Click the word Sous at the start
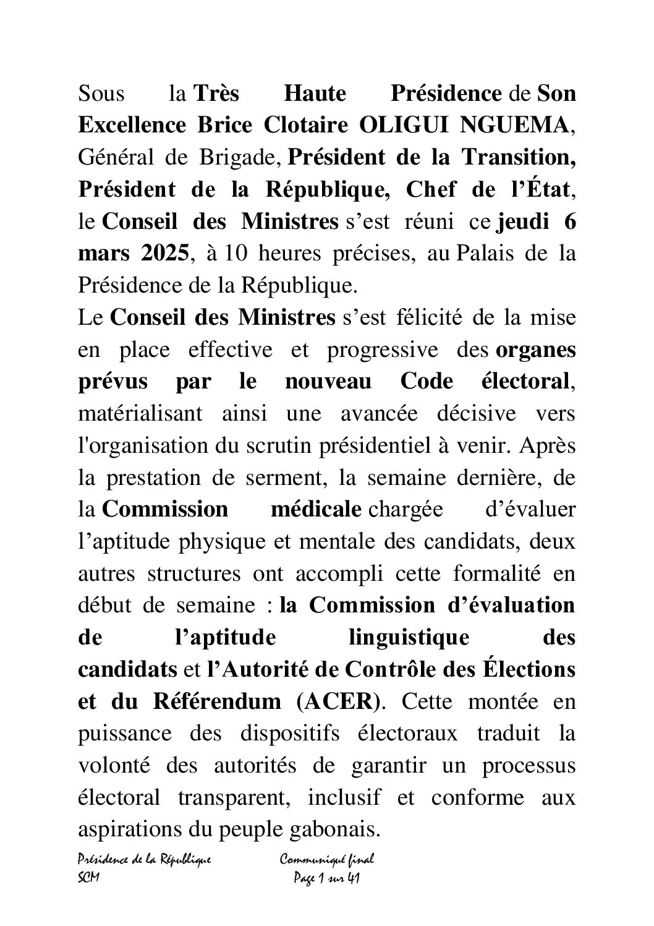[101, 94]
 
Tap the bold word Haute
[314, 94]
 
